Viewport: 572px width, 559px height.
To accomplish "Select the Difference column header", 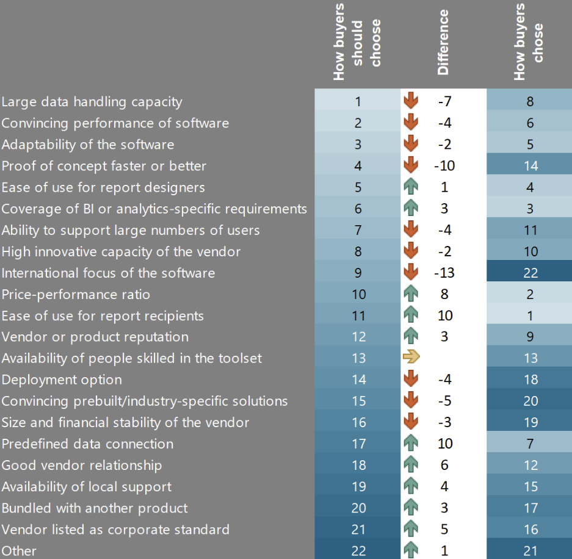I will click(x=443, y=42).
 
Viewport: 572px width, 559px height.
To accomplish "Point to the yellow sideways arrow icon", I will click(x=411, y=358).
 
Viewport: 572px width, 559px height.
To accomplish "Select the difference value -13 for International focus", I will click(x=444, y=273).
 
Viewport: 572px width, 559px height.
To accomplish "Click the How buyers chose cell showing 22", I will click(x=530, y=273).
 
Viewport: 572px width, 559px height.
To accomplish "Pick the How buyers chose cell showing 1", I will click(x=530, y=316).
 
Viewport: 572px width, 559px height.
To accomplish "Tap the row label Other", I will click(x=19, y=550).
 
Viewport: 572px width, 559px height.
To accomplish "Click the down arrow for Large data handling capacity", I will click(x=411, y=101).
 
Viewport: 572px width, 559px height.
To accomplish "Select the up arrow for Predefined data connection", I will click(x=411, y=444).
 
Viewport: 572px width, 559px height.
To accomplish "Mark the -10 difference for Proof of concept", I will click(x=444, y=166).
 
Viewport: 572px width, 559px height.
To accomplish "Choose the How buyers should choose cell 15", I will click(x=358, y=401).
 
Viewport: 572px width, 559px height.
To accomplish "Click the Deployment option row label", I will click(x=62, y=380).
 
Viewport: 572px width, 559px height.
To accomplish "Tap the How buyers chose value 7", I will click(x=530, y=444).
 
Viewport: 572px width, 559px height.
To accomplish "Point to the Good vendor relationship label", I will click(x=82, y=465).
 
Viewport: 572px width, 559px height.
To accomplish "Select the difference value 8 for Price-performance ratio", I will click(x=444, y=294).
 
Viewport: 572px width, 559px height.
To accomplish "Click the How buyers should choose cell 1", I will click(x=358, y=101).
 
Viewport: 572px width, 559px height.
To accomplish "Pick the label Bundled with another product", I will click(x=95, y=508).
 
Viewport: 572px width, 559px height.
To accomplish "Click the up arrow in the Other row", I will click(x=411, y=550).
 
